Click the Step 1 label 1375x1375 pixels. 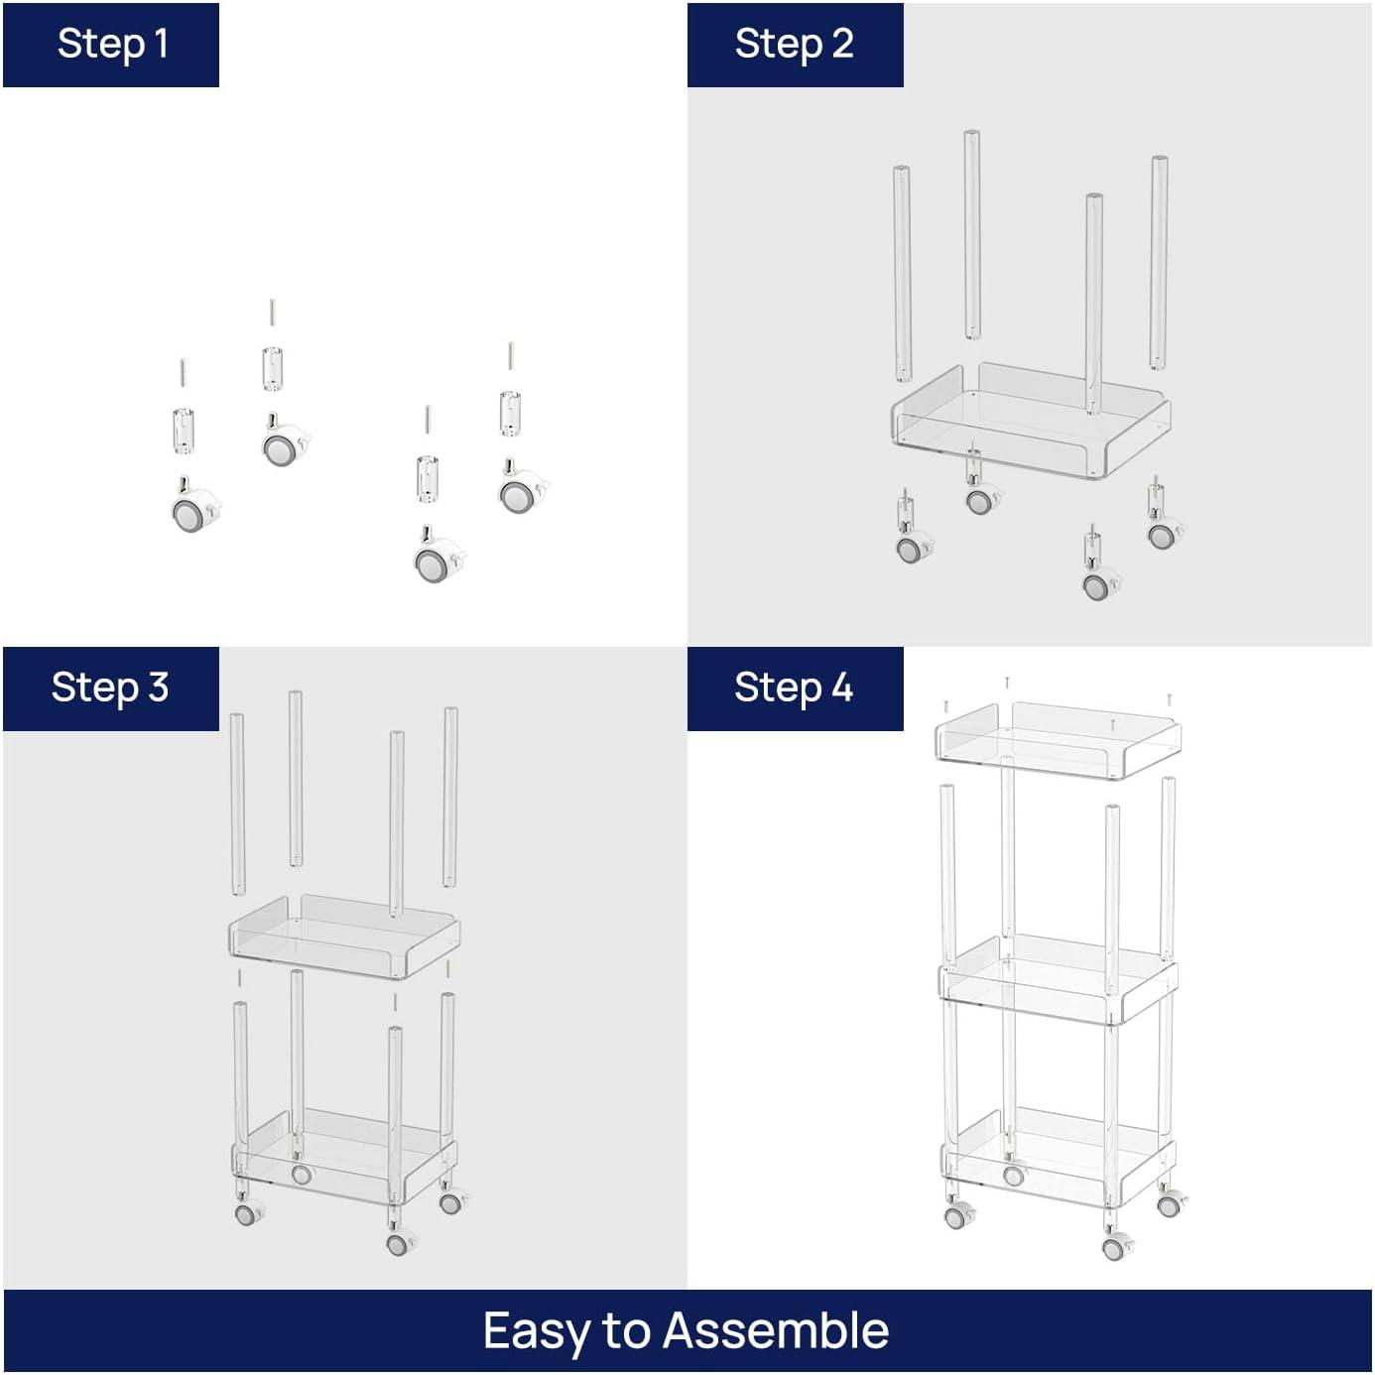tap(111, 45)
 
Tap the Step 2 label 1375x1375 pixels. tap(794, 45)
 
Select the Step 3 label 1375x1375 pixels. tap(109, 687)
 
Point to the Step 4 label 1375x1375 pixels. tap(794, 687)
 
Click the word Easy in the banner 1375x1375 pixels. tap(537, 1331)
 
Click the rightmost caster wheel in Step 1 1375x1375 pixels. tap(520, 490)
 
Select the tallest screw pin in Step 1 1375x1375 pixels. tap(271, 312)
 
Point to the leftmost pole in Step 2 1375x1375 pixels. tap(902, 273)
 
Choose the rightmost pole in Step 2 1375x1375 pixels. tap(1159, 263)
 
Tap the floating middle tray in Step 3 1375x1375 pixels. tap(343, 937)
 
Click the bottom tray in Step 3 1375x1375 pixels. tap(343, 1156)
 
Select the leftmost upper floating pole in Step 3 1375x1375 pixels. tap(237, 804)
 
